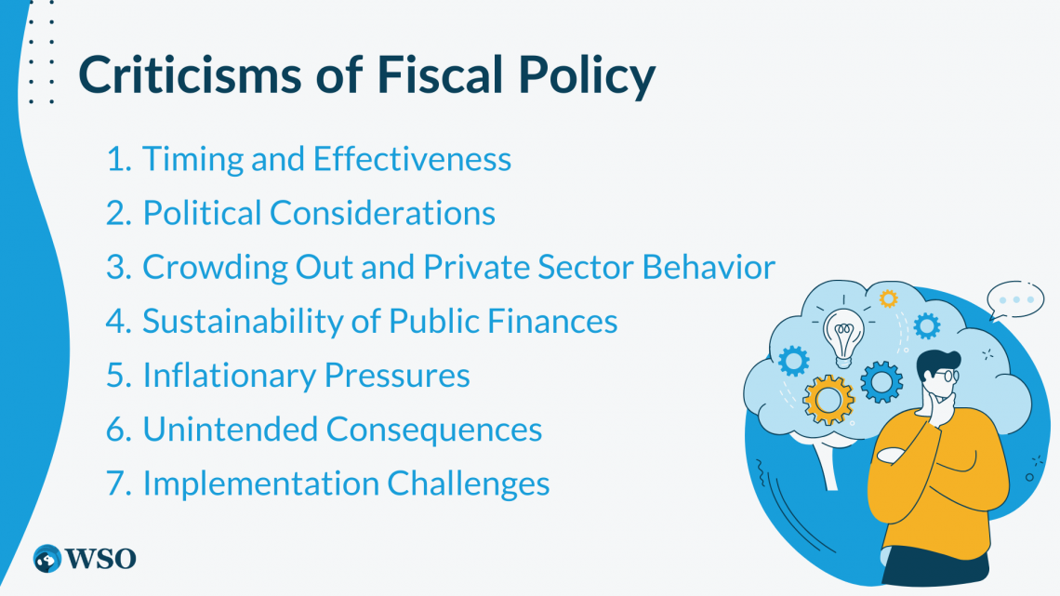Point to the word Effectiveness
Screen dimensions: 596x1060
pyautogui.click(x=412, y=159)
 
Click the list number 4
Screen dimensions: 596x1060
pyautogui.click(x=117, y=321)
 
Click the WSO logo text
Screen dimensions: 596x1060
pyautogui.click(x=99, y=558)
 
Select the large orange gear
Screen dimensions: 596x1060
pyautogui.click(x=828, y=400)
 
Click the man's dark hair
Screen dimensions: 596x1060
pyautogui.click(x=940, y=356)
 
